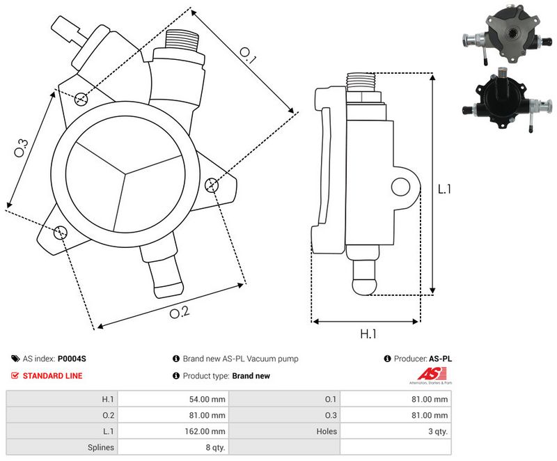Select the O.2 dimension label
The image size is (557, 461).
point(180,312)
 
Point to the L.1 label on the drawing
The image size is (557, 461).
point(444,189)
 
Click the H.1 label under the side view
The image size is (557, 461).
point(368,334)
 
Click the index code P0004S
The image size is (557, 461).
point(72,359)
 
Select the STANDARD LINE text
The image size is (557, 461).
point(52,375)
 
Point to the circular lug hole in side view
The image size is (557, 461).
point(400,186)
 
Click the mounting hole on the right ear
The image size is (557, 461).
point(212,185)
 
